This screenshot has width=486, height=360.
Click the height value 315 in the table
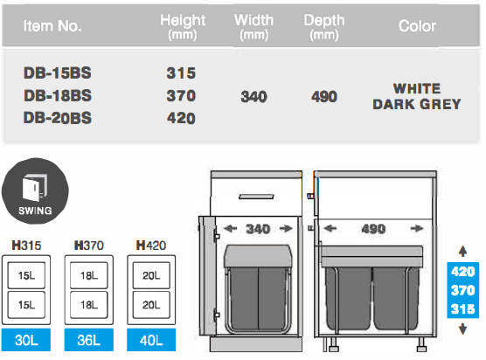[181, 73]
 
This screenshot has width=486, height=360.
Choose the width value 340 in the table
[253, 96]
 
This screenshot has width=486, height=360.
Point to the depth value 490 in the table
[323, 96]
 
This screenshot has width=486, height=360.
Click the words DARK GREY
[417, 104]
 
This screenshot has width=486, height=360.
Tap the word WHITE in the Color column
[417, 89]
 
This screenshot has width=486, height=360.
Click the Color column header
[417, 26]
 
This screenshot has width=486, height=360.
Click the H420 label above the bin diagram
[151, 246]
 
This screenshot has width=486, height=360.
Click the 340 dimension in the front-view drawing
[258, 229]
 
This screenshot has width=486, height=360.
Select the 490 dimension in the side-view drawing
[374, 229]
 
